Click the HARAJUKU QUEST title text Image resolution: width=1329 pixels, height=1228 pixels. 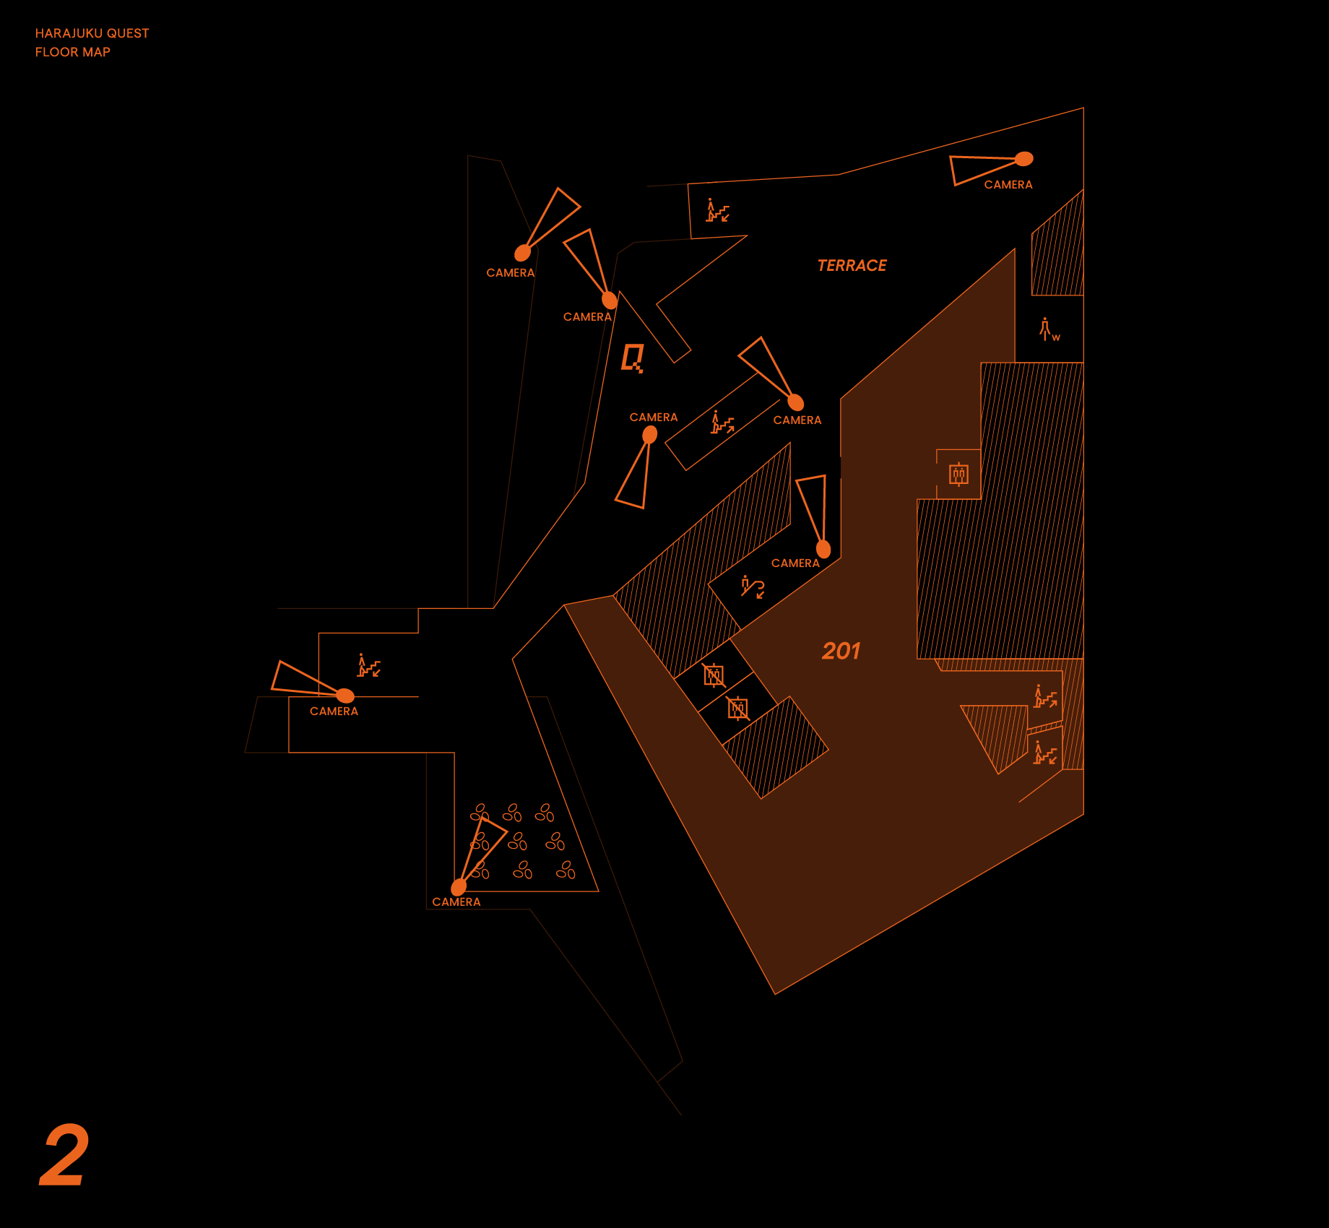point(92,33)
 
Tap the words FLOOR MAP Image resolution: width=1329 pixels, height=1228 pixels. point(72,52)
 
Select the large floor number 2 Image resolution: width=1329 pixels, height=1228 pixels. point(64,1155)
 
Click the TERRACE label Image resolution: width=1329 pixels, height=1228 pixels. point(852,266)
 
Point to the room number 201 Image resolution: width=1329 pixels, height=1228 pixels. point(841,651)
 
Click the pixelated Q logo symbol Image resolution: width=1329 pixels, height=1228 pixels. point(633,358)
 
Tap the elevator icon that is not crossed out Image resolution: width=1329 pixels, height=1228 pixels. point(958,475)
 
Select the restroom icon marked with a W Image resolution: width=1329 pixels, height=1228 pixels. point(1048,329)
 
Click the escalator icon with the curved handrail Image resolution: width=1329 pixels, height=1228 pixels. point(752,587)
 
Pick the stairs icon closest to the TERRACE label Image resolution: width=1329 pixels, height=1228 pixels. point(717,210)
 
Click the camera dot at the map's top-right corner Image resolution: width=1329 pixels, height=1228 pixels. point(1024,159)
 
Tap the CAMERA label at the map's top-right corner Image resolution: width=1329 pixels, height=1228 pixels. point(1008,185)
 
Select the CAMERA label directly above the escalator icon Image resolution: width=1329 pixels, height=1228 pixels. point(795,563)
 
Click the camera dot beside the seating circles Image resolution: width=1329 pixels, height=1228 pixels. point(459,887)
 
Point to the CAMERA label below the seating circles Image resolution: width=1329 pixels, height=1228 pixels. point(456,902)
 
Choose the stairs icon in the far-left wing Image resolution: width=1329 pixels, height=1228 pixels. point(368,665)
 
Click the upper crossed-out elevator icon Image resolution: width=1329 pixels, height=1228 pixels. point(714,675)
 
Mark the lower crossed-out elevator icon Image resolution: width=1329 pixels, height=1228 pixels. point(737,709)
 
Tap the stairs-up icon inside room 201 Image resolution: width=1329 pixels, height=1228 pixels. point(1045,696)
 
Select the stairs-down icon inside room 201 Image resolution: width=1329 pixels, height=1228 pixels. point(1044,753)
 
